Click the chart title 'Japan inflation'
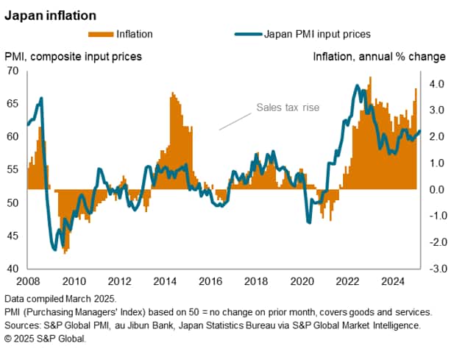click(49, 13)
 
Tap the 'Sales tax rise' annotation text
click(288, 107)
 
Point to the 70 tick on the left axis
click(13, 71)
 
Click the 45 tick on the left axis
click(13, 236)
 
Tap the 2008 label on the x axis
click(27, 281)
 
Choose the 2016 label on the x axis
click(210, 281)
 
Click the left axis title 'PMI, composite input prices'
click(74, 56)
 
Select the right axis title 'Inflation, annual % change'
click(379, 56)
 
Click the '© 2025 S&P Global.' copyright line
click(46, 339)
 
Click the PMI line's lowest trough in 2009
click(54, 249)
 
